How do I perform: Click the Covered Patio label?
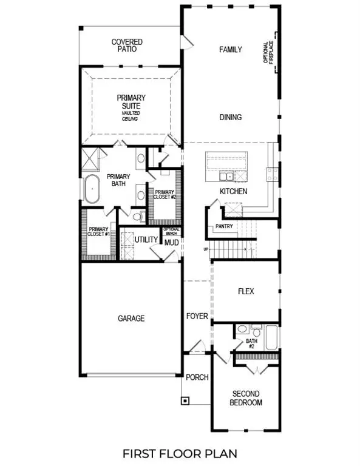coord(127,46)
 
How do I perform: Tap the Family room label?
coord(231,50)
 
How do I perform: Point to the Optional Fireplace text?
coord(268,54)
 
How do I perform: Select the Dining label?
coord(231,118)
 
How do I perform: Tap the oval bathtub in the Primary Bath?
coord(92,190)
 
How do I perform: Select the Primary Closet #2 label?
coord(165,196)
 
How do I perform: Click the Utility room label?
coord(146,240)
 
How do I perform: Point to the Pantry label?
coord(224,227)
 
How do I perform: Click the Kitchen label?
coord(234,192)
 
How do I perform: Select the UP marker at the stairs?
coord(205,249)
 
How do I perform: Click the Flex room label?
coord(246,291)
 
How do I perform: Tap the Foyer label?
coord(197,317)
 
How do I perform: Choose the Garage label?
coord(131,318)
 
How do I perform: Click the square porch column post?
coord(185,400)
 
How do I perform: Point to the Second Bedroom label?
coord(246,398)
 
